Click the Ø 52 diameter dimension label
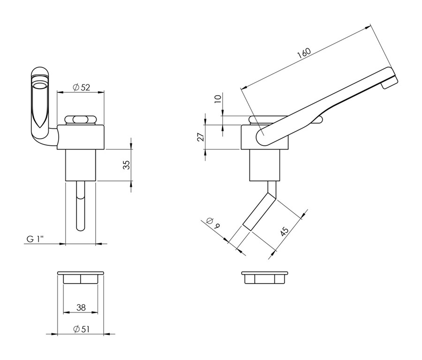[x=81, y=87]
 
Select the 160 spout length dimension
[x=304, y=53]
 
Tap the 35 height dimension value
[x=127, y=165]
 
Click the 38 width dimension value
[x=81, y=307]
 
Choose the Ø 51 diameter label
[x=81, y=329]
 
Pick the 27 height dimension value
[x=201, y=137]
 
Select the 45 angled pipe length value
[x=284, y=232]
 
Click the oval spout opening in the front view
[x=40, y=86]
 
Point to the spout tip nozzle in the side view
[x=389, y=82]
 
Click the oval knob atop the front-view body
[x=80, y=120]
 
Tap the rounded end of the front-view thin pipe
[x=81, y=228]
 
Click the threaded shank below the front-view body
[x=81, y=165]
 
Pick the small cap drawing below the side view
[x=265, y=277]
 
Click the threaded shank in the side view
[x=265, y=165]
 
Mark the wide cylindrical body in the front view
[x=81, y=137]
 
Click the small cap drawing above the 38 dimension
[x=81, y=277]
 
